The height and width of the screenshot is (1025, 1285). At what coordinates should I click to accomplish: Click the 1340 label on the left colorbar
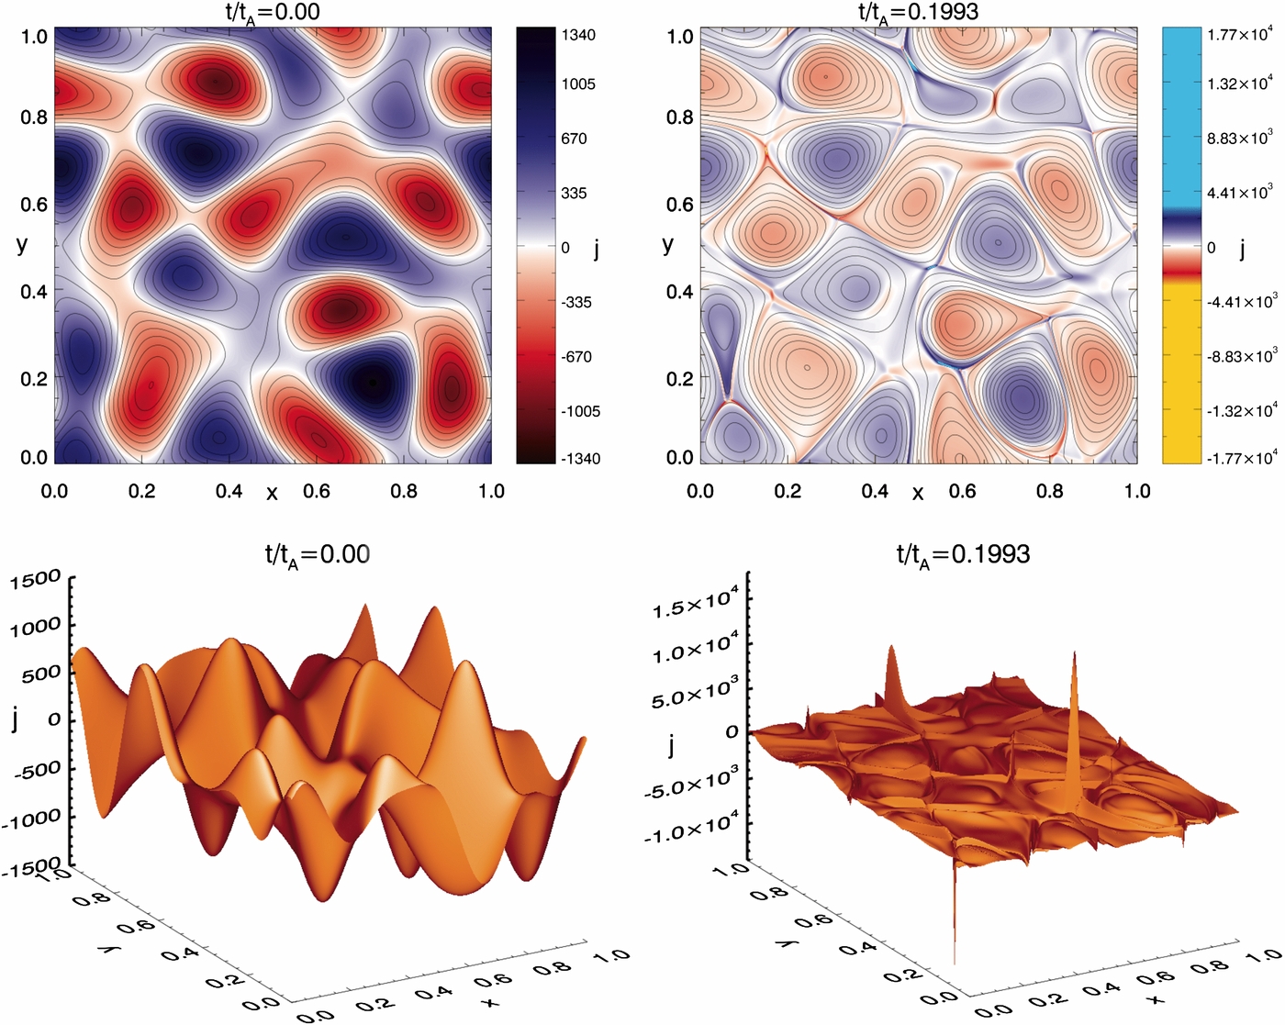[x=578, y=35]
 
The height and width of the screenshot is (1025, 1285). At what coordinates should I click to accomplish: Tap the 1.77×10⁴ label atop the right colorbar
[x=1239, y=35]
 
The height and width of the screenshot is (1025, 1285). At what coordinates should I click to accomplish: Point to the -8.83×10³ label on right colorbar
[x=1240, y=356]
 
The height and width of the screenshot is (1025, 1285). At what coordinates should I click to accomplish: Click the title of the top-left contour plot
[x=273, y=12]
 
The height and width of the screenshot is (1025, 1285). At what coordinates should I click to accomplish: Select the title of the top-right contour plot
[x=918, y=12]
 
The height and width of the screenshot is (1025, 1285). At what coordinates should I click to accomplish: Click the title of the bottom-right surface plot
[x=963, y=554]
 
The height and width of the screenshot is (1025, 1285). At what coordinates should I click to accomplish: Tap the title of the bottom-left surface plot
[x=318, y=554]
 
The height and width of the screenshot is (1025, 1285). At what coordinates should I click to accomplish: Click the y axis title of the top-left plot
[x=22, y=244]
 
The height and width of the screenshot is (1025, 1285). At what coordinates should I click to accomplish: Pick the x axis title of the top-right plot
[x=918, y=493]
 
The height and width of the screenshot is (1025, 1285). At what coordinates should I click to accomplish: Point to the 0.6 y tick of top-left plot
[x=34, y=204]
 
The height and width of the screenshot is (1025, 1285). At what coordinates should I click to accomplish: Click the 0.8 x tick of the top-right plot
[x=1049, y=491]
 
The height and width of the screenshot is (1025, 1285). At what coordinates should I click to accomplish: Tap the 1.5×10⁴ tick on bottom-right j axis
[x=696, y=606]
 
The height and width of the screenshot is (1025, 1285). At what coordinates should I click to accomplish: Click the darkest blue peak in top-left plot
[x=372, y=382]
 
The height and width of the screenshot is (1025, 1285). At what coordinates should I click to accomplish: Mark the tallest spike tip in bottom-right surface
[x=1073, y=653]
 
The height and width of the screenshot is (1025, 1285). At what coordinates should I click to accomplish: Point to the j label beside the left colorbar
[x=598, y=248]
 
